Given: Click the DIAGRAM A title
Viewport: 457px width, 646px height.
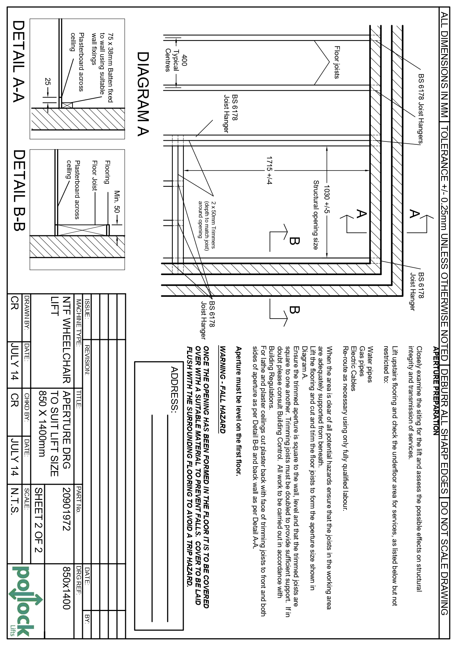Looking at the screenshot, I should [143, 94].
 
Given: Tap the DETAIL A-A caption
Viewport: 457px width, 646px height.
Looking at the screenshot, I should [18, 61].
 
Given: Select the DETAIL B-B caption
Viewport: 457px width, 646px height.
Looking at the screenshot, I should [18, 190].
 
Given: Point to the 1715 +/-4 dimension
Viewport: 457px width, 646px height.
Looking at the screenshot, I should [269, 171].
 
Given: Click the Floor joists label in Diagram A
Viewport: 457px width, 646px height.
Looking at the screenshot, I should [337, 62].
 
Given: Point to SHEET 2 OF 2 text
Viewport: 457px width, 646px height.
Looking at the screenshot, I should [39, 520].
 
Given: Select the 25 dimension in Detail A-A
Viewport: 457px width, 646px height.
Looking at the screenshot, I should [48, 82].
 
